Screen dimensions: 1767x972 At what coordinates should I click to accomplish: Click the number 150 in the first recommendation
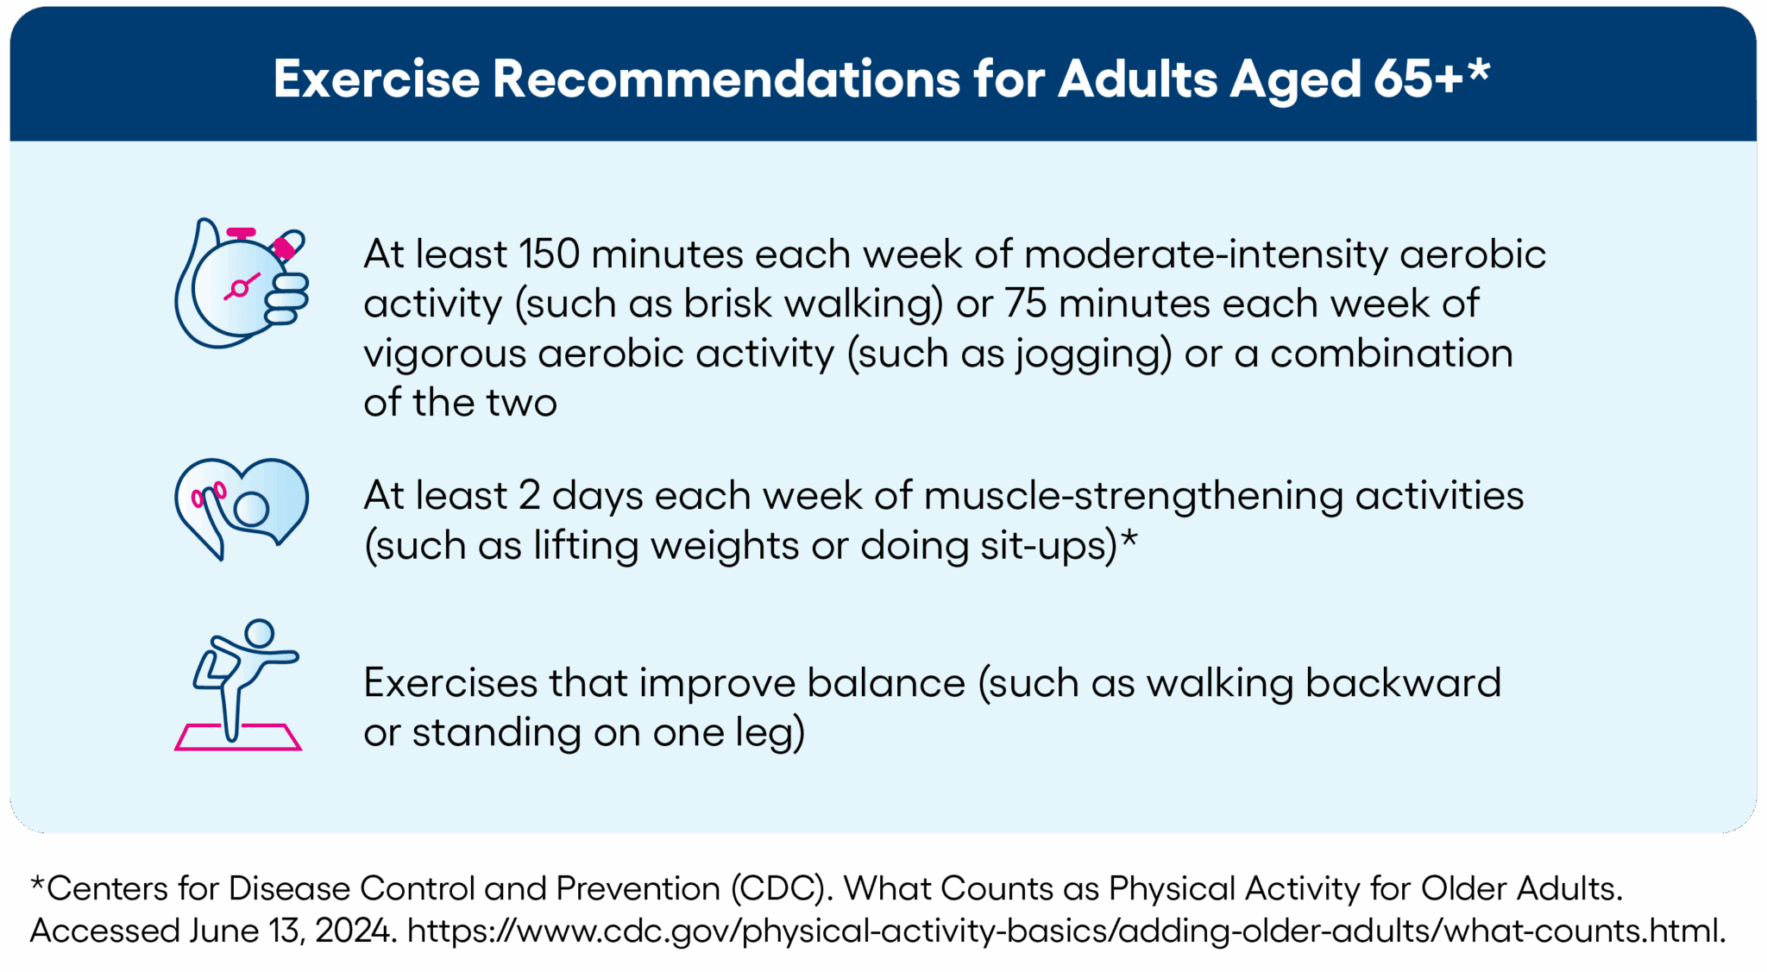[x=549, y=254]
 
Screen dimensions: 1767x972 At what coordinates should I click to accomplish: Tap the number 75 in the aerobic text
[x=1026, y=304]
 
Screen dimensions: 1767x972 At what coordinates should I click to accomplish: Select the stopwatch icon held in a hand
[x=242, y=283]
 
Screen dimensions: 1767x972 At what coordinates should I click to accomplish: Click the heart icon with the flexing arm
[x=242, y=509]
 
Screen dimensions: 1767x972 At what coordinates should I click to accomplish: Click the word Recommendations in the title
[x=726, y=79]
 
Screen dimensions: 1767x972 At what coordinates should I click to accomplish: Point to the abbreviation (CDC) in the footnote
[x=777, y=888]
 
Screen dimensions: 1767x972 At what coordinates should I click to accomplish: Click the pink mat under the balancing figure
[x=238, y=737]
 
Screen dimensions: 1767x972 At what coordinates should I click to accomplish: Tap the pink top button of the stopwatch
[x=242, y=233]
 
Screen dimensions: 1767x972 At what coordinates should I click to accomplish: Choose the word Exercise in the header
[x=376, y=79]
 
